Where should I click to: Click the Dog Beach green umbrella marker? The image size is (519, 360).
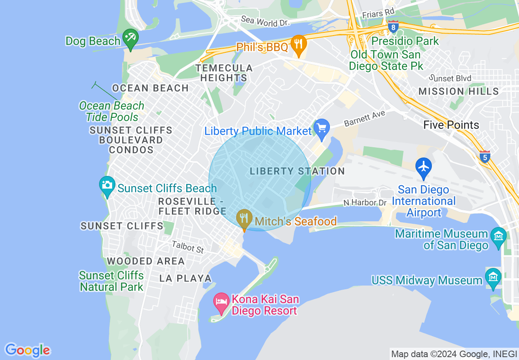[130, 39]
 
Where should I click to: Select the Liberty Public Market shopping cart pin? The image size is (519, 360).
[321, 128]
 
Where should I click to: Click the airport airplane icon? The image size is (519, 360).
[423, 167]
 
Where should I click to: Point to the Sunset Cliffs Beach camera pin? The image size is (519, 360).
[107, 186]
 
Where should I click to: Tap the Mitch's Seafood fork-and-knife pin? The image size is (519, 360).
[244, 219]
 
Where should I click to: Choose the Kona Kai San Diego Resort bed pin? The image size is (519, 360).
[221, 302]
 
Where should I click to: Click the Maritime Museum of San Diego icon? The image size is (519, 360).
[499, 237]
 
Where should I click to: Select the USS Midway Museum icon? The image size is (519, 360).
[493, 277]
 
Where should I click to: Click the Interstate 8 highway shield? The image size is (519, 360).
[393, 27]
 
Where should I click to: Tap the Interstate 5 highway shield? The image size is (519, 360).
[485, 156]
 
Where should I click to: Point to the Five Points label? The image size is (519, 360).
[451, 125]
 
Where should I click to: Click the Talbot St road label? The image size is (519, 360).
[188, 247]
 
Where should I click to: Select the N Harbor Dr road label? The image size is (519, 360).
[365, 202]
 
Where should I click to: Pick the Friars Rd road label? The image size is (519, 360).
[377, 13]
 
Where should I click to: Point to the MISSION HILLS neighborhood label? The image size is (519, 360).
[458, 91]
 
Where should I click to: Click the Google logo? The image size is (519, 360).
[28, 350]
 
